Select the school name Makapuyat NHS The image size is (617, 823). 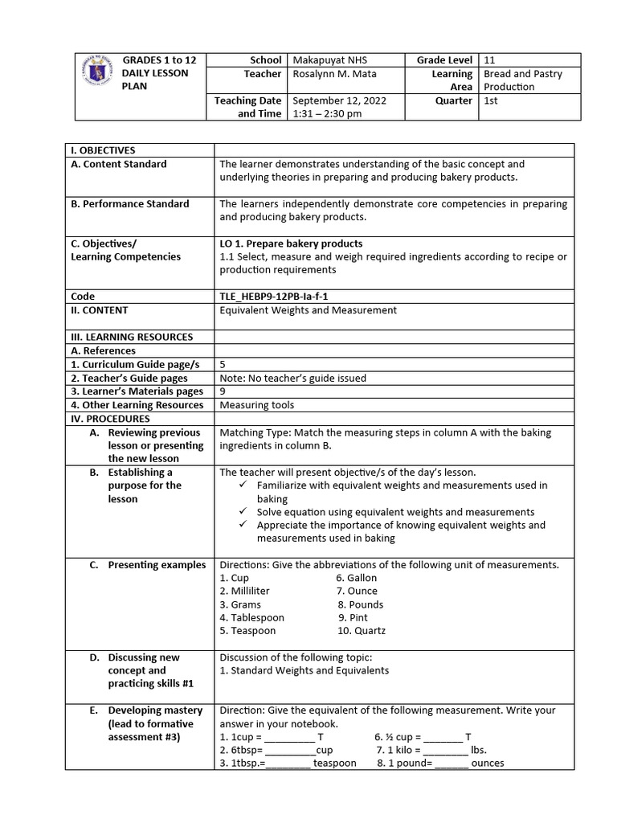328,60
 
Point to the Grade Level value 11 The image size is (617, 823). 490,60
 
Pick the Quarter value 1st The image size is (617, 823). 491,100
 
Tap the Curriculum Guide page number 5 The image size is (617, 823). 223,364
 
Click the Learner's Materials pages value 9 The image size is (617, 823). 223,391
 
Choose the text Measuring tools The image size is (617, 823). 257,405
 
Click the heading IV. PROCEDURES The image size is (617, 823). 110,419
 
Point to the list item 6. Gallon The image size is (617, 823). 356,578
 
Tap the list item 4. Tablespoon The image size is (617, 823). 251,617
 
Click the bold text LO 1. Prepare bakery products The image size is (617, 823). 291,244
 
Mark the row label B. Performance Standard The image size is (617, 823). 130,203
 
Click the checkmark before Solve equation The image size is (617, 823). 243,512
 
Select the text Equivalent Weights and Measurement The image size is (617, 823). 308,310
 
